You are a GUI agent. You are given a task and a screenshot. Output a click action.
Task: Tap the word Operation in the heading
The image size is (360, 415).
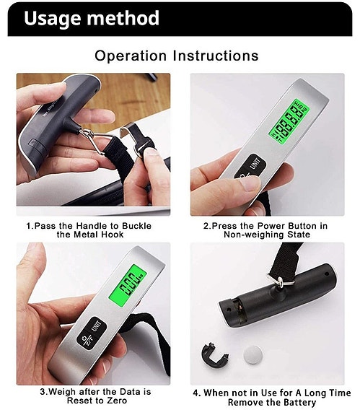tap(129, 56)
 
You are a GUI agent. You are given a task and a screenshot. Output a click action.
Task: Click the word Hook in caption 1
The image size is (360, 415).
tap(126, 235)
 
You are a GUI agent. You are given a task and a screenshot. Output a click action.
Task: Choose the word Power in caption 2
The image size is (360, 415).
tap(255, 225)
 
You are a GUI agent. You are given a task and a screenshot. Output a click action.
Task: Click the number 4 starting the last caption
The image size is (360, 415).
tap(197, 393)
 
